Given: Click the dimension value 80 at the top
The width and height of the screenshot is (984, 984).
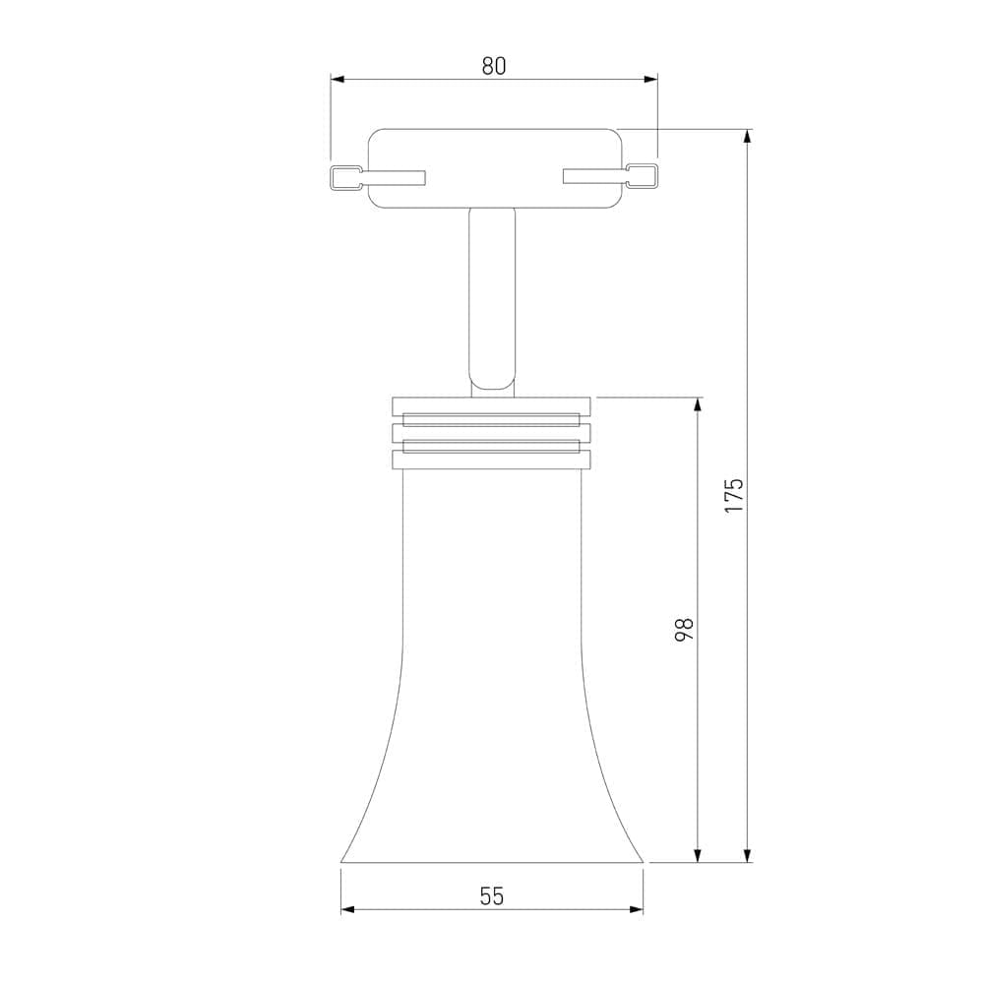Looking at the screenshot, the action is (x=493, y=66).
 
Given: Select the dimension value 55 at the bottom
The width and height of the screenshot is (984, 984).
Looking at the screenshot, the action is (x=492, y=896).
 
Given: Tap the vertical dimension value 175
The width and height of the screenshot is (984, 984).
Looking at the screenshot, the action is (x=734, y=496).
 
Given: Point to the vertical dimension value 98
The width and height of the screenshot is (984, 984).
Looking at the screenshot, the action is (x=684, y=630).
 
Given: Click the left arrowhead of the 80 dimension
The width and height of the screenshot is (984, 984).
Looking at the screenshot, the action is (x=338, y=79).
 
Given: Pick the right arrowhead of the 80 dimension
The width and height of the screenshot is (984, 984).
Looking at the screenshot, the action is (x=650, y=79).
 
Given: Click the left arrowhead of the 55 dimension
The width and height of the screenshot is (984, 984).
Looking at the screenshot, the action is (x=348, y=909).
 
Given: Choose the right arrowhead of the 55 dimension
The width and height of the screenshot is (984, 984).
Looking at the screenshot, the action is (x=636, y=909).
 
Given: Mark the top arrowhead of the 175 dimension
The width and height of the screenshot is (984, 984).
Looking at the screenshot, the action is (x=747, y=137).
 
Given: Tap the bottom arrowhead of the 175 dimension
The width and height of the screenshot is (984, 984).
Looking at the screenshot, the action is (x=747, y=855).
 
